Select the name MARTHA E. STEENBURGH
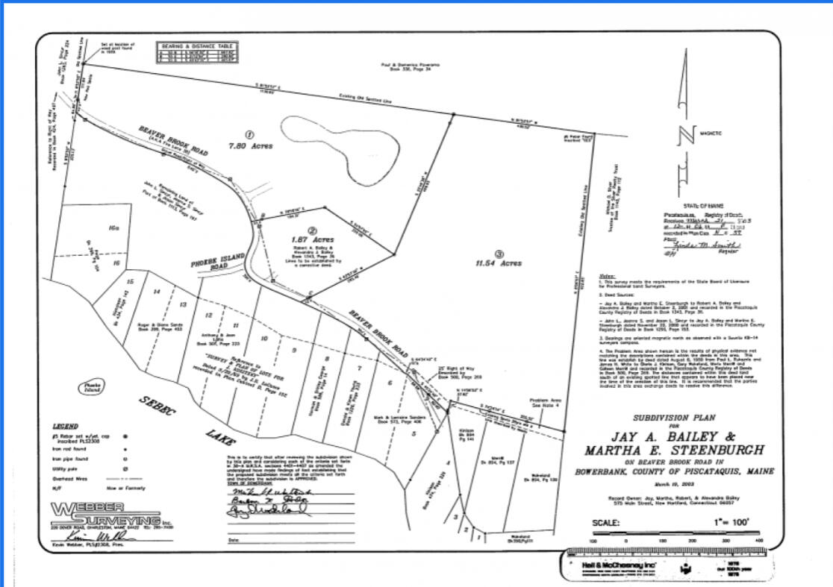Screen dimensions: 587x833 pyautogui.click(x=674, y=450)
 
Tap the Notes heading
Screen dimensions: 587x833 pyautogui.click(x=608, y=276)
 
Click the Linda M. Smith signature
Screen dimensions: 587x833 pyautogui.click(x=701, y=245)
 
